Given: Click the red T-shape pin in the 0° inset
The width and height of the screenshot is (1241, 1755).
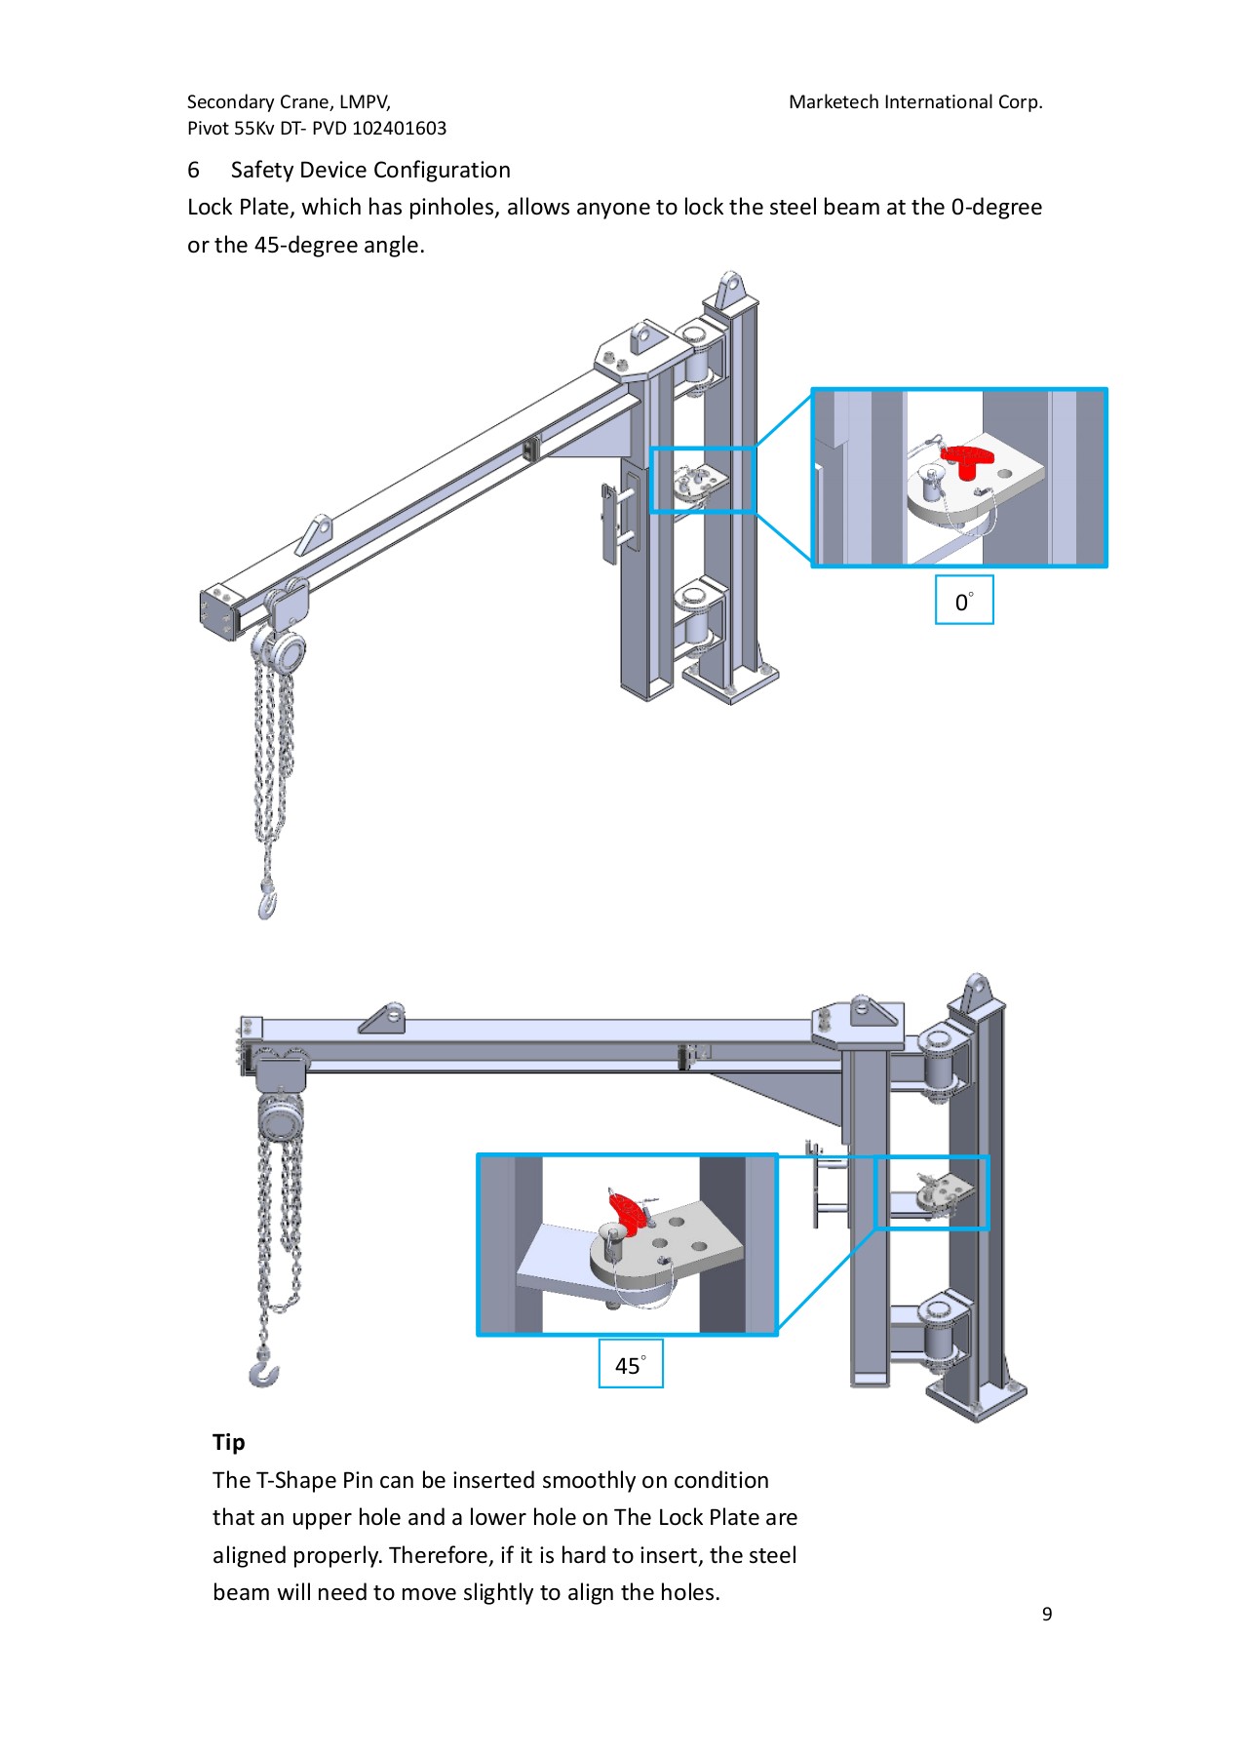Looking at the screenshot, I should [x=964, y=460].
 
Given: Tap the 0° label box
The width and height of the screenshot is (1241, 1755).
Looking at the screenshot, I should [x=963, y=601].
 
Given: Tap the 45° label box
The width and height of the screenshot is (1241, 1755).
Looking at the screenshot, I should [x=630, y=1364].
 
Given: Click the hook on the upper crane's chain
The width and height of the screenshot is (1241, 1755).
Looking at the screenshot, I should [x=267, y=903].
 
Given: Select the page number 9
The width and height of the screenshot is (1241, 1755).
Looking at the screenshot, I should [x=1046, y=1614].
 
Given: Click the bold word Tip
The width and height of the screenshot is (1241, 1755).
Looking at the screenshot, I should [x=228, y=1442].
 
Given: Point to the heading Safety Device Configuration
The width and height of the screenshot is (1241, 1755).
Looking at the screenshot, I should [x=370, y=170].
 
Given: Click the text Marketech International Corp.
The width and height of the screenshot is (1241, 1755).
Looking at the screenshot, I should [x=914, y=102].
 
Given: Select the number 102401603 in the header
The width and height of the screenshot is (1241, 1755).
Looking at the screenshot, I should [x=399, y=129].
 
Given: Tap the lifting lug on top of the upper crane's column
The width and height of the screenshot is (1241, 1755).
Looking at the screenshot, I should [x=729, y=290].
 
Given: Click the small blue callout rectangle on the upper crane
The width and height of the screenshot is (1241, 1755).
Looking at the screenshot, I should [x=702, y=480].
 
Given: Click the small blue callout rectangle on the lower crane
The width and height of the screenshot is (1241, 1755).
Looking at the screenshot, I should [x=931, y=1191].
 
